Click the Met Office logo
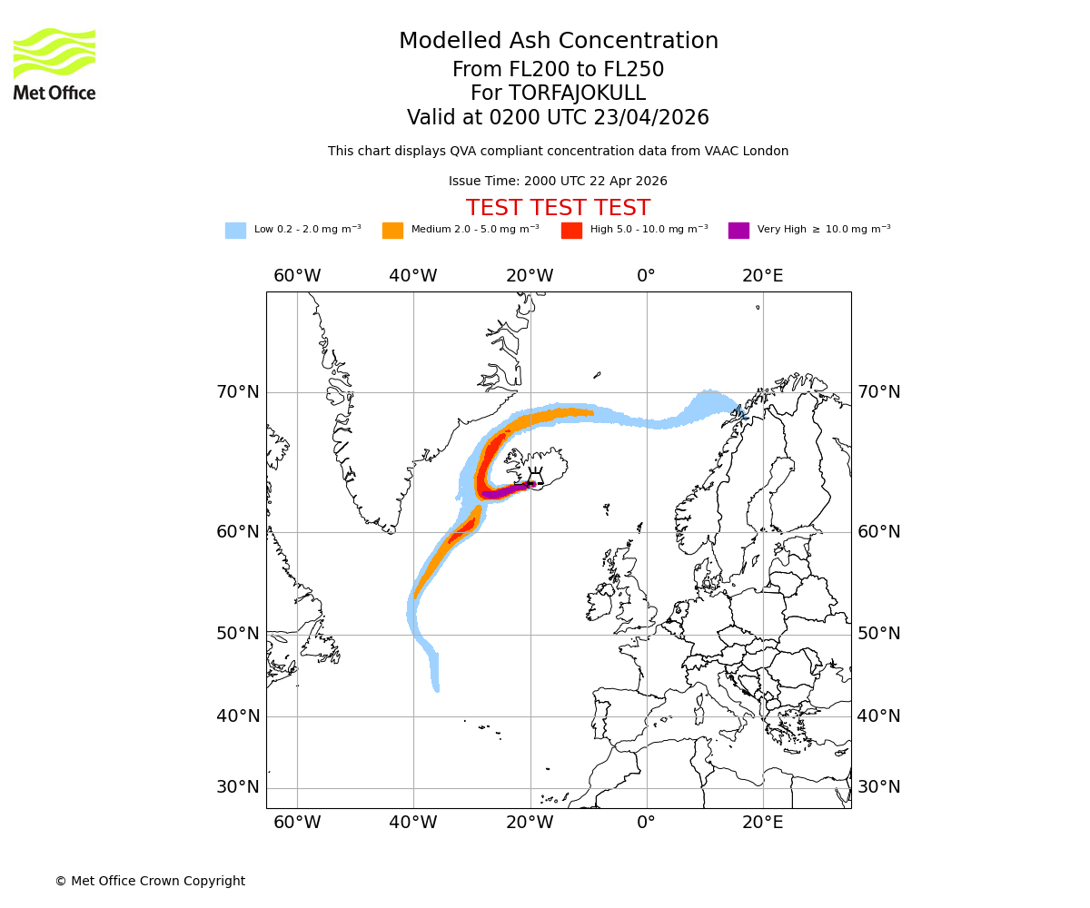(x=54, y=64)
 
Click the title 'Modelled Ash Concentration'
(x=558, y=41)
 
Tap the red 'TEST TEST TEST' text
(x=558, y=208)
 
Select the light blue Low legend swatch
(x=235, y=231)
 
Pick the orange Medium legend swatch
(x=392, y=231)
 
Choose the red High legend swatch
(x=571, y=231)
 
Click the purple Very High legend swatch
(x=738, y=231)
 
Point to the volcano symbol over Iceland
(x=536, y=478)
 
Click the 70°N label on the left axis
(x=237, y=392)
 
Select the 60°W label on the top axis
(x=297, y=276)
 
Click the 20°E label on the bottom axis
(x=762, y=823)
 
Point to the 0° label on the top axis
(x=646, y=276)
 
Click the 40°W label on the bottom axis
(x=413, y=823)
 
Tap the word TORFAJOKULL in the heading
(x=577, y=94)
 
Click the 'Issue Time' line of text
(x=558, y=182)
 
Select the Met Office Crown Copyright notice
(x=150, y=881)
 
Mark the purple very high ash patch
(x=502, y=492)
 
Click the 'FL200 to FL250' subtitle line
(x=558, y=70)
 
